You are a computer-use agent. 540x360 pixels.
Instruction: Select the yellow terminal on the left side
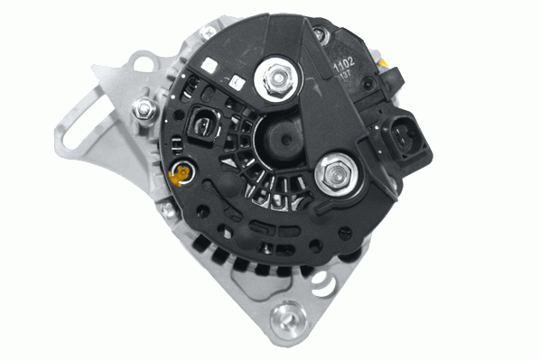click(x=181, y=171)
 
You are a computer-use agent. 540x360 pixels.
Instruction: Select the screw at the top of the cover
click(x=319, y=33)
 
